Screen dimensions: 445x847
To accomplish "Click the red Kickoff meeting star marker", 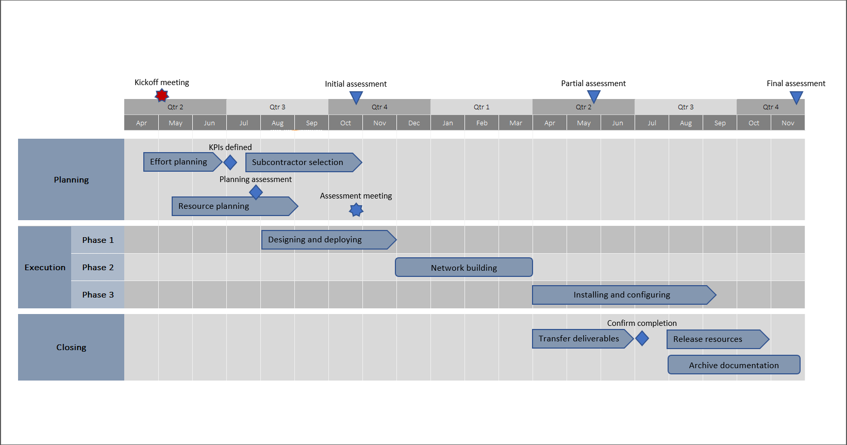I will point(162,95).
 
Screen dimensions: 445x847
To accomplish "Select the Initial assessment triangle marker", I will point(356,96).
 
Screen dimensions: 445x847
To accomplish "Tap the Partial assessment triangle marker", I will point(594,95).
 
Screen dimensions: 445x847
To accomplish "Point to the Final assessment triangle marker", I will point(796,96).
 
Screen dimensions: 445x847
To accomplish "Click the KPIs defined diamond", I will point(230,162).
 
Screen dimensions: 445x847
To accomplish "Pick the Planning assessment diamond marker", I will point(256,192).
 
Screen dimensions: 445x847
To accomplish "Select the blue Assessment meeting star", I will point(356,210).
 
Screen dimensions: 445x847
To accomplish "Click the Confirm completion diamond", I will point(642,338).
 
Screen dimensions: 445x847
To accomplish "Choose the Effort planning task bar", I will point(180,162).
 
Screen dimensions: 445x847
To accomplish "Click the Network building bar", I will point(463,268).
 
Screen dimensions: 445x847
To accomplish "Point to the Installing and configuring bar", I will point(621,295).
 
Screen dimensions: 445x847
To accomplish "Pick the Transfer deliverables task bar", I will point(580,339).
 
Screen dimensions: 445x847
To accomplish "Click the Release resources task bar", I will point(714,339).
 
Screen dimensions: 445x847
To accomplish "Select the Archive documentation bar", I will point(734,365).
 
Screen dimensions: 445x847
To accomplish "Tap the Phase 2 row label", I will point(97,267).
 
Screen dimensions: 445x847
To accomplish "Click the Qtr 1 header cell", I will point(481,107).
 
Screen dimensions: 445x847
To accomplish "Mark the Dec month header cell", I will point(413,123).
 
